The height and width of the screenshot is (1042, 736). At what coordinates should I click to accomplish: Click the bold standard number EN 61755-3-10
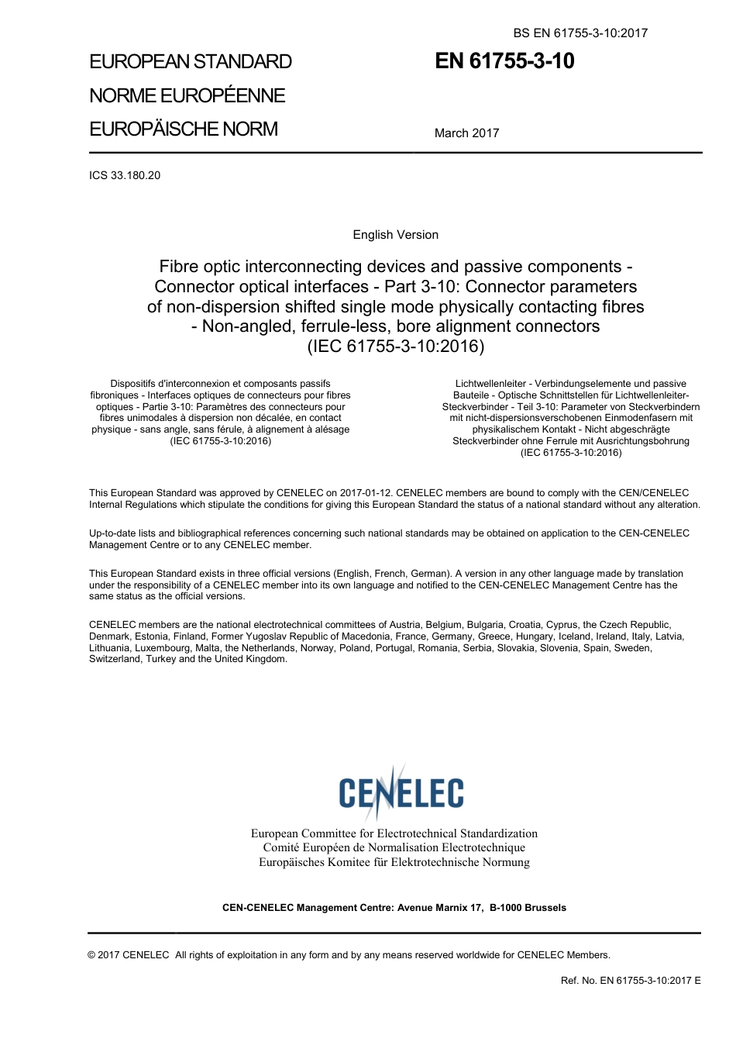coord(504,61)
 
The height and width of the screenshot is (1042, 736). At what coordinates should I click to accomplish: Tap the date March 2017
coord(466,133)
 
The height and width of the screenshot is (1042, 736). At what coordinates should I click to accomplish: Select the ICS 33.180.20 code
coord(125,175)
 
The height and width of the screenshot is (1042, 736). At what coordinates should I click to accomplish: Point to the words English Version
coord(395,235)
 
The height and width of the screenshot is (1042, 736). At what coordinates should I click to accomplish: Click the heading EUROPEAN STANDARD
coord(191,62)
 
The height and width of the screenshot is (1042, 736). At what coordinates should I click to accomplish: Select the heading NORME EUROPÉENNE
coord(187,95)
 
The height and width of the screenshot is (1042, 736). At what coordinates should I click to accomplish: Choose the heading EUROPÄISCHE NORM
coord(184,129)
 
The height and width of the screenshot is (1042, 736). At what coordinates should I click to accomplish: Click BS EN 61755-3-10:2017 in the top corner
coord(580,33)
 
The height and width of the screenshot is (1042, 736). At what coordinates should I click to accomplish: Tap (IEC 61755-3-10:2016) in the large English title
coord(396,346)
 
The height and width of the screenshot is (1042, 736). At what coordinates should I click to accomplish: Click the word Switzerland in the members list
coord(115,660)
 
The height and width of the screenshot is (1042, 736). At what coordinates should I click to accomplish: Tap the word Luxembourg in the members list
coord(163,648)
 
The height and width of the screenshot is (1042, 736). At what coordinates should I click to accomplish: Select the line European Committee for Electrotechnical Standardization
coord(394,833)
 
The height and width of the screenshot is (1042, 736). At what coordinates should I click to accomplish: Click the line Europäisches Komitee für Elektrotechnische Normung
coord(394,862)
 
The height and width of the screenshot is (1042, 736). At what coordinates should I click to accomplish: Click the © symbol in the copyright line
coord(91,955)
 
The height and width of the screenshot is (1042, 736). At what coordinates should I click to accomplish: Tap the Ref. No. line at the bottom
coord(630,981)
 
